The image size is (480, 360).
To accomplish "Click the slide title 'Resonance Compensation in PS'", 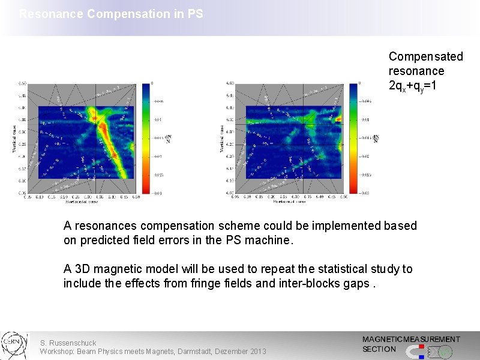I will pyautogui.click(x=111, y=13).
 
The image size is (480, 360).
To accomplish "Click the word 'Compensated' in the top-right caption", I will pyautogui.click(x=425, y=56).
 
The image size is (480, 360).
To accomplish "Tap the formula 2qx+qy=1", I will pyautogui.click(x=413, y=86).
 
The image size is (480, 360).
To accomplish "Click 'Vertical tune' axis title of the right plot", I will pyautogui.click(x=224, y=139).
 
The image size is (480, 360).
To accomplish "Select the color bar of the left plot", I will pyautogui.click(x=146, y=138).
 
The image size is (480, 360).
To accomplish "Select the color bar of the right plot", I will pyautogui.click(x=353, y=138).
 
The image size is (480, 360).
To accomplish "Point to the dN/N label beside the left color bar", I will pyautogui.click(x=167, y=138).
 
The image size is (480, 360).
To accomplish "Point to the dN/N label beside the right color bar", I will pyautogui.click(x=376, y=138).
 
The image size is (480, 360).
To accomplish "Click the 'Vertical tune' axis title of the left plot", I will pyautogui.click(x=14, y=139).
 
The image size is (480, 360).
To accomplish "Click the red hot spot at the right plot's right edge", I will pyautogui.click(x=338, y=119).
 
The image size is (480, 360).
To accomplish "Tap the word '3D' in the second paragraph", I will pyautogui.click(x=82, y=269).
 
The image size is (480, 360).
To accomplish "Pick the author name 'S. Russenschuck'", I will pyautogui.click(x=68, y=343).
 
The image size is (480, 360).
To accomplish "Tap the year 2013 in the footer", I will pyautogui.click(x=257, y=351).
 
